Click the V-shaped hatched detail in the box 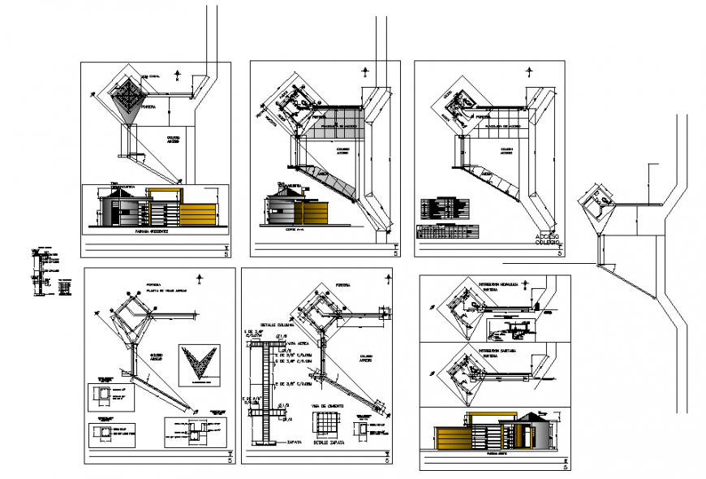[x=199, y=362]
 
